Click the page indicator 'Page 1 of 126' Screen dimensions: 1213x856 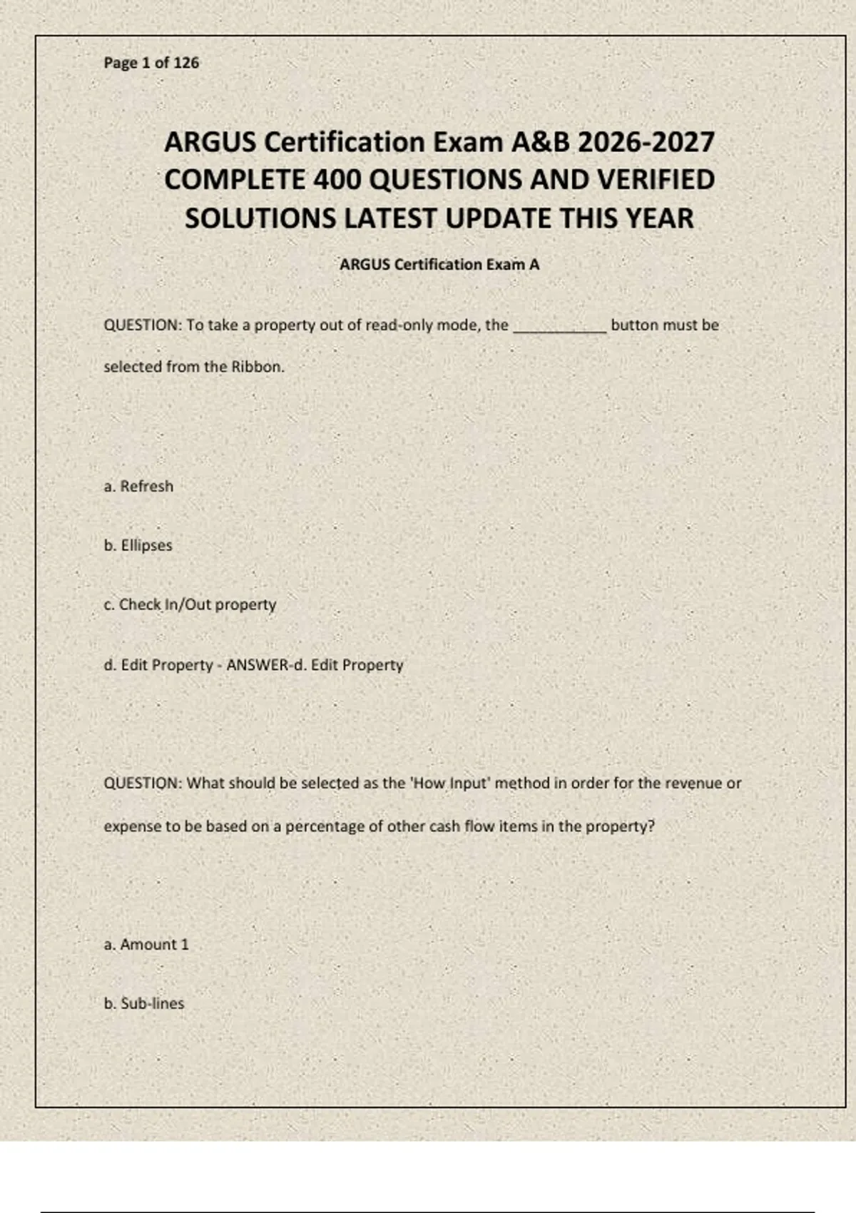click(151, 63)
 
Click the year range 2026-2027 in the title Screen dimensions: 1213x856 click(646, 142)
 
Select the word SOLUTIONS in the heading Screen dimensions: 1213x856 click(261, 218)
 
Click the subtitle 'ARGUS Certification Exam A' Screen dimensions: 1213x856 click(439, 265)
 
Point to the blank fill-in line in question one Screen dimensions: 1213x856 click(560, 328)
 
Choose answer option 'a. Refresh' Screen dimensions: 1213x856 click(138, 487)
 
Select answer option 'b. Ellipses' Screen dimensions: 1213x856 click(138, 546)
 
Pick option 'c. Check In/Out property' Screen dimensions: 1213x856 click(190, 605)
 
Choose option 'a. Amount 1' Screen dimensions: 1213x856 click(146, 945)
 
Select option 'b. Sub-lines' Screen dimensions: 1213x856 click(143, 1004)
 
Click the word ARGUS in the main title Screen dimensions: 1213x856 click(210, 142)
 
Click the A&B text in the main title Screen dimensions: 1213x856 click(541, 142)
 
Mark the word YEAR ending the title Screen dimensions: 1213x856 click(659, 218)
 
